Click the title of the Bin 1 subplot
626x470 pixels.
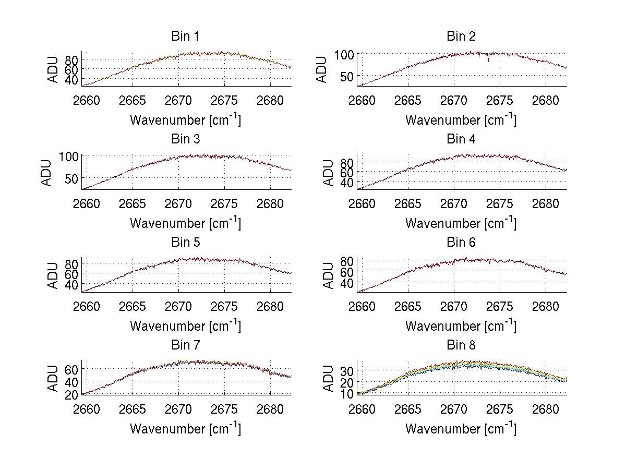(185, 36)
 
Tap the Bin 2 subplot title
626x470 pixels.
(461, 36)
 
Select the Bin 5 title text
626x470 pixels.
(185, 242)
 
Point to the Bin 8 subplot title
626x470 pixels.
(461, 345)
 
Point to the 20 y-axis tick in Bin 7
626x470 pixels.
(73, 395)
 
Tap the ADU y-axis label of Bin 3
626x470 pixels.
(46, 172)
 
